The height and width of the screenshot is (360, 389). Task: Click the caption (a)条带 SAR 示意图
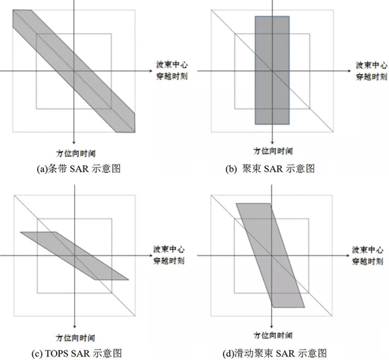79,169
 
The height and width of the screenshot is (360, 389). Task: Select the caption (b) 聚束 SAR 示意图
270,169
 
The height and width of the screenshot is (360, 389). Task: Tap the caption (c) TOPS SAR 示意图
77,353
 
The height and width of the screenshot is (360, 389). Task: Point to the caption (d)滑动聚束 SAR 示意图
274,353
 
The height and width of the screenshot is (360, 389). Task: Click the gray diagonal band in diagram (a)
74,71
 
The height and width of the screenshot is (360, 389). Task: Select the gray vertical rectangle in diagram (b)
272,70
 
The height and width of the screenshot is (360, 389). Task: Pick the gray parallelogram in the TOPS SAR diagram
74,256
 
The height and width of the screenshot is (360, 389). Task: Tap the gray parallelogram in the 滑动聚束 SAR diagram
270,256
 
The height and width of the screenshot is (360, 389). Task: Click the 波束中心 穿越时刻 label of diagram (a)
172,71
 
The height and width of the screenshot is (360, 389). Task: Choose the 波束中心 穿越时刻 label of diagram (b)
371,71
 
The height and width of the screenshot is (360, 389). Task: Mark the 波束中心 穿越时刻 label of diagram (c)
169,256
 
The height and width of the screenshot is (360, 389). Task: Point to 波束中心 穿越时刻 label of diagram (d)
367,256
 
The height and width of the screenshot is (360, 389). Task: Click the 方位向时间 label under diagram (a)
76,153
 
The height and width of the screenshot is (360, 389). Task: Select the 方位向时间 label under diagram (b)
273,151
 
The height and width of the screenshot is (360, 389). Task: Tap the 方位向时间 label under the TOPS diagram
75,338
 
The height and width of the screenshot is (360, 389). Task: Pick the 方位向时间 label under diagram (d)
273,336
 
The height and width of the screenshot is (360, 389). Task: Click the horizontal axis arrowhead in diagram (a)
151,71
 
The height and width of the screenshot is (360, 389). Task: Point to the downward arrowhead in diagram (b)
272,142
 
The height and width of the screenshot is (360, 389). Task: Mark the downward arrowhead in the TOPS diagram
74,326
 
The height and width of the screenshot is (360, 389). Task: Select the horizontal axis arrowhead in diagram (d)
349,256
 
